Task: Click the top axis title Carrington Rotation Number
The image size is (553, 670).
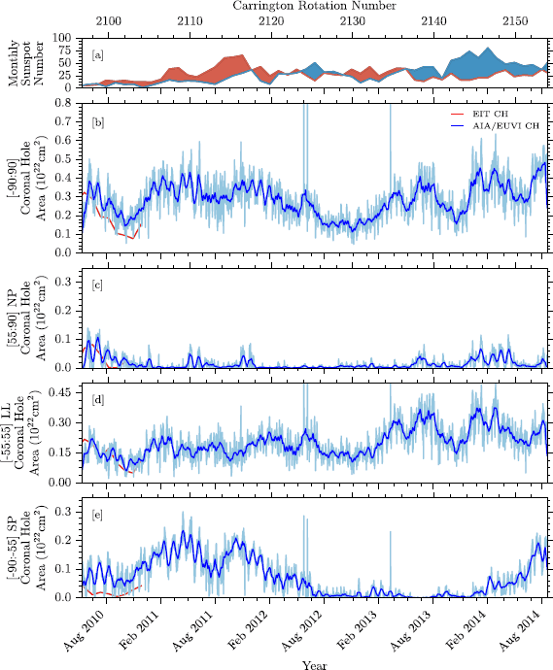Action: [x=314, y=6]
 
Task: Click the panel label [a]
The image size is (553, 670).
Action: [x=98, y=55]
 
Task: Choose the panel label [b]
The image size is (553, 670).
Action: [x=98, y=122]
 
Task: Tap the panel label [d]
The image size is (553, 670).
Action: [x=98, y=399]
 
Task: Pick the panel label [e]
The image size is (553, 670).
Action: [x=98, y=513]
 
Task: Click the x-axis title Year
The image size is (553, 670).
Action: [x=314, y=664]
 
